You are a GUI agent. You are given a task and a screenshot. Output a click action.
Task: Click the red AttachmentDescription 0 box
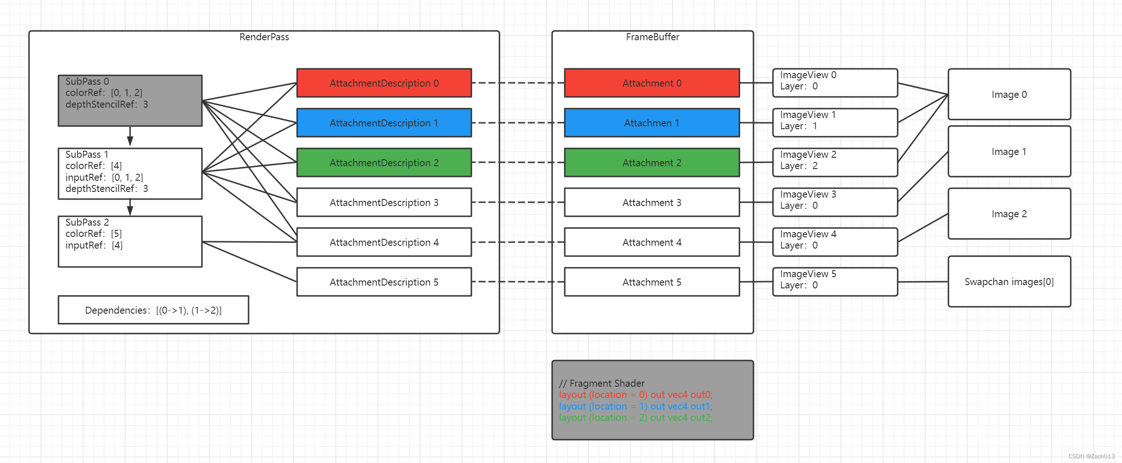click(384, 83)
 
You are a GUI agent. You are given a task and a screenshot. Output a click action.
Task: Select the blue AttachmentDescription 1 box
click(384, 123)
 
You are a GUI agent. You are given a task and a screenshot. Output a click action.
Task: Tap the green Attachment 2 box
click(651, 163)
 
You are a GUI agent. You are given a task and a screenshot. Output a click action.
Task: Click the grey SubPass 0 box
click(130, 101)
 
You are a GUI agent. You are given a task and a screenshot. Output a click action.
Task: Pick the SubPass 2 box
click(130, 242)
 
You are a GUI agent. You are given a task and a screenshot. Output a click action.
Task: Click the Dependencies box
click(153, 310)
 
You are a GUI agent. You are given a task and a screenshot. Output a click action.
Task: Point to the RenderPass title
click(264, 37)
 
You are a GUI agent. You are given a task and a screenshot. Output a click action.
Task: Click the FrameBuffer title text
click(652, 37)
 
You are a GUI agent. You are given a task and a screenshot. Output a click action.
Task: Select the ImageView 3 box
click(835, 202)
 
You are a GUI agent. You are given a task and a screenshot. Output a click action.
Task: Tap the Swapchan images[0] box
click(1009, 282)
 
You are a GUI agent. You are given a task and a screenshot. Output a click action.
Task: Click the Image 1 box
click(1009, 152)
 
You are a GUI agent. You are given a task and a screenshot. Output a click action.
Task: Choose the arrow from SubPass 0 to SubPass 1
click(130, 136)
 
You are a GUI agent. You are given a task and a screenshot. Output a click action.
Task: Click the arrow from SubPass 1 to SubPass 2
click(130, 207)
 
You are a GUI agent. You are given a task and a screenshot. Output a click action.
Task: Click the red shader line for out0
click(635, 395)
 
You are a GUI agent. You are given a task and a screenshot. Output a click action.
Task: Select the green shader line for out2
click(635, 418)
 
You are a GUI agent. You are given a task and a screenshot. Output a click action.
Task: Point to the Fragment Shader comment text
click(602, 383)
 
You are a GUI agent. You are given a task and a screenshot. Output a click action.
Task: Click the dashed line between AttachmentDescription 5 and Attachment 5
click(517, 282)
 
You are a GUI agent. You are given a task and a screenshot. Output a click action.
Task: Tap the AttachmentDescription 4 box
click(384, 243)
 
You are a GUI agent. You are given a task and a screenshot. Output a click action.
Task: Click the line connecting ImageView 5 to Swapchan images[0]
click(923, 282)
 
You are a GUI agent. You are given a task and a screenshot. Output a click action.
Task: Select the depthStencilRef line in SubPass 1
click(107, 189)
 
